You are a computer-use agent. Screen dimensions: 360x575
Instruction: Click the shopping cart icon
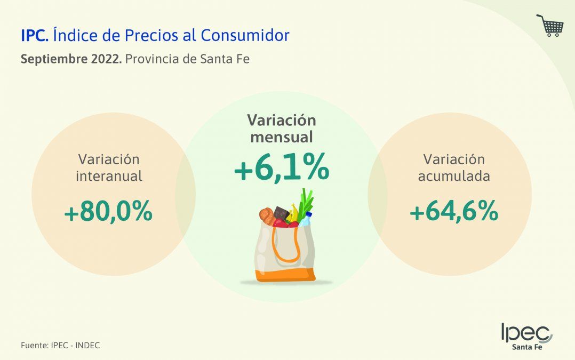tap(550, 25)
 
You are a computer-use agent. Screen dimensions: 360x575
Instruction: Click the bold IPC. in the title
tap(35, 36)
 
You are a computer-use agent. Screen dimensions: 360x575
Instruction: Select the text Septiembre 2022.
tap(70, 59)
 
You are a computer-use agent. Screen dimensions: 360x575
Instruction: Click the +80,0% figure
tap(108, 213)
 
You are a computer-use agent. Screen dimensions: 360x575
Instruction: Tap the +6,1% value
tap(281, 170)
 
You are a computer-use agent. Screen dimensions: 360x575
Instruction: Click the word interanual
tap(109, 177)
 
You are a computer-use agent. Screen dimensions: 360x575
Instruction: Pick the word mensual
tap(281, 137)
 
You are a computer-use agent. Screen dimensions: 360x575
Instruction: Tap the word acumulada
tap(454, 177)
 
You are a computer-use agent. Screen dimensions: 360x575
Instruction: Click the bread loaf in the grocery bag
tap(267, 215)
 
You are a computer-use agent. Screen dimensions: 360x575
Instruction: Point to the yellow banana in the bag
tap(294, 211)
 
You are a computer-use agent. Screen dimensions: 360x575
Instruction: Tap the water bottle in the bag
tap(306, 219)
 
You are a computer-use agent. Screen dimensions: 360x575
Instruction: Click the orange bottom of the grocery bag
tap(285, 275)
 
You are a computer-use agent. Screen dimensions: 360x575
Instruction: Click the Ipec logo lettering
tap(525, 333)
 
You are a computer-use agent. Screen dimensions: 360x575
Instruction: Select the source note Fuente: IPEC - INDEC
tap(60, 345)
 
